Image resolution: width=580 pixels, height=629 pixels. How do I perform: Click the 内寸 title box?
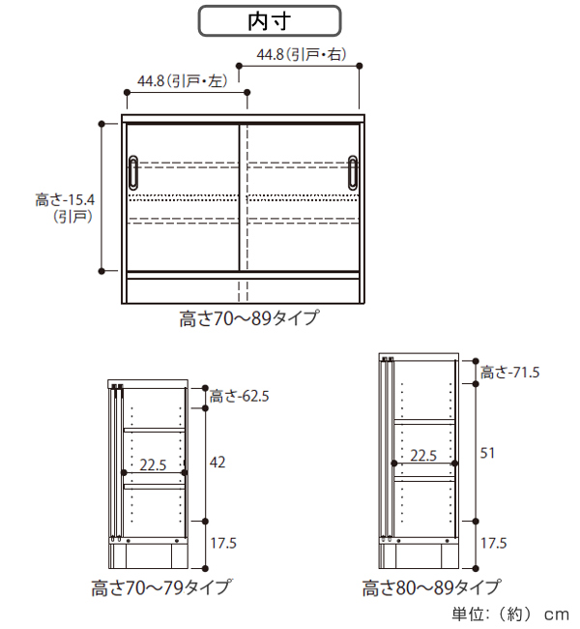tap(270, 21)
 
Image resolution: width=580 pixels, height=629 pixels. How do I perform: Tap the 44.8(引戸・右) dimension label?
tap(302, 54)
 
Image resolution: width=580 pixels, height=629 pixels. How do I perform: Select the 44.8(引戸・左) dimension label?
tap(183, 81)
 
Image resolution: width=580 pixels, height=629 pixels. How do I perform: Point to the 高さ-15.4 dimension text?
tap(65, 199)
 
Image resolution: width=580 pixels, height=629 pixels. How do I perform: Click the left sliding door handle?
tap(133, 172)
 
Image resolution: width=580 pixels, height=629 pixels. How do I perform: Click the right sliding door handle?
tap(353, 172)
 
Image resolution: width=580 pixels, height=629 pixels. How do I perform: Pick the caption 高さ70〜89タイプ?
tap(249, 318)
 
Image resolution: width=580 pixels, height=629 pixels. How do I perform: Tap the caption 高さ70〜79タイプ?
tap(161, 587)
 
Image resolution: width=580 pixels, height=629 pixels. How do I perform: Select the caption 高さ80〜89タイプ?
tap(432, 587)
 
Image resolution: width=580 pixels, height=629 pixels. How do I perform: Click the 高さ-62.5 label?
tap(240, 397)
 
